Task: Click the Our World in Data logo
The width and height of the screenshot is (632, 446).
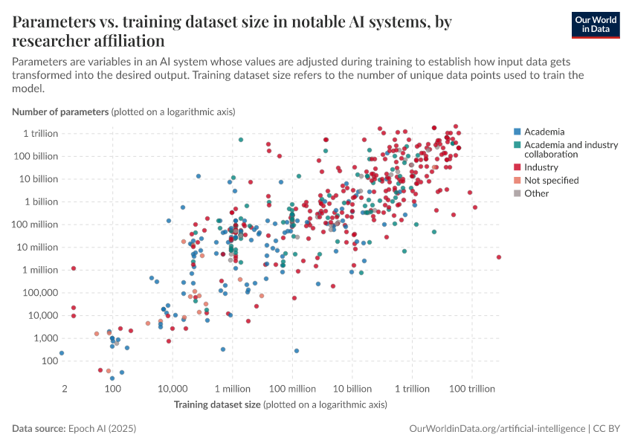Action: click(595, 24)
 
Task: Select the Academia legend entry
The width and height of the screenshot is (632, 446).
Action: click(544, 132)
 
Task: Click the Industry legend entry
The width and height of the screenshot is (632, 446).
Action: click(541, 167)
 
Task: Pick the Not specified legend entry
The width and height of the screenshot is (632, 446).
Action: click(551, 180)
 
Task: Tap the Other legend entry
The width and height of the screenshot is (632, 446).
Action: click(536, 193)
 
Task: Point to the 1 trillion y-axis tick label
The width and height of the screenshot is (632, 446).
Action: click(41, 133)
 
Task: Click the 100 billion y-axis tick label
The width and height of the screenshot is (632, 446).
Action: click(36, 156)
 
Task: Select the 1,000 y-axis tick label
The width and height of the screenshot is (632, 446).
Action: click(46, 338)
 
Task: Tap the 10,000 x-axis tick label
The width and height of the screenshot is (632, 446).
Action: click(172, 389)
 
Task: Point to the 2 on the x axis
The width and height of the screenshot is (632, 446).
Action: click(65, 389)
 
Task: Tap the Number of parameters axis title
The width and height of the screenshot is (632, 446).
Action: click(61, 111)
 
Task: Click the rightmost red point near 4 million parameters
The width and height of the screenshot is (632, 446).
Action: click(499, 257)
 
